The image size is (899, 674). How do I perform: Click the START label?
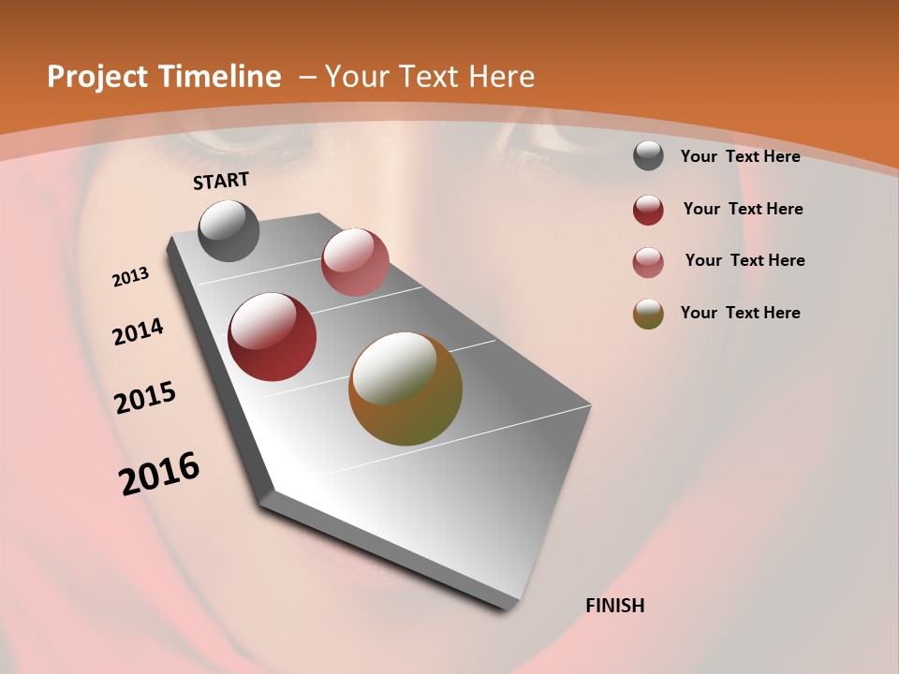click(x=221, y=181)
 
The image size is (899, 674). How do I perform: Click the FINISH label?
click(x=615, y=606)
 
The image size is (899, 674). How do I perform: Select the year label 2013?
click(x=131, y=277)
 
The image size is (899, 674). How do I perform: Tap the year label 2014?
click(x=139, y=332)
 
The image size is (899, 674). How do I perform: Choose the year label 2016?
click(x=159, y=473)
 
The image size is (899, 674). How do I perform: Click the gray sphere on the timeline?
click(x=229, y=230)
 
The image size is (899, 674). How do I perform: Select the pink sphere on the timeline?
click(x=355, y=262)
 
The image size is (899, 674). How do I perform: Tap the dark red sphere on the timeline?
click(x=273, y=337)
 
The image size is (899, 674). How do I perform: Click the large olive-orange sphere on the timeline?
click(x=405, y=388)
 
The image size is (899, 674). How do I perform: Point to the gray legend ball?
click(x=648, y=156)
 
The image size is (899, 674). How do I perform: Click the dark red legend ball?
click(x=648, y=210)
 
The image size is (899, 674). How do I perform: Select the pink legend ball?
click(x=648, y=262)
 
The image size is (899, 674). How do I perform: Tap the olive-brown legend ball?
click(x=648, y=314)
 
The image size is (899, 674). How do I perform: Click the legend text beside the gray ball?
click(x=740, y=156)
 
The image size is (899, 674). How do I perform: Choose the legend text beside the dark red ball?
click(x=743, y=209)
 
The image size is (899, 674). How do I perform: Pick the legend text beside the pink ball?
click(x=744, y=260)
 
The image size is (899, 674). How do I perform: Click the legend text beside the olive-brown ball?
click(x=740, y=313)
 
